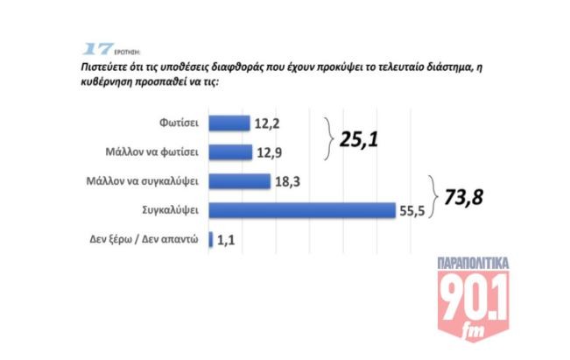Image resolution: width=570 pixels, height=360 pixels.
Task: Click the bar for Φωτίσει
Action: [x=229, y=123]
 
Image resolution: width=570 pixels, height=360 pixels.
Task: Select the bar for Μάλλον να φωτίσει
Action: [x=229, y=151]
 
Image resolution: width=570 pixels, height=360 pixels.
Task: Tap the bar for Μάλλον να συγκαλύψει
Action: [x=239, y=180]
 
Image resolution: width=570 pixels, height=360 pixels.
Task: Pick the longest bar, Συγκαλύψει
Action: [x=302, y=209]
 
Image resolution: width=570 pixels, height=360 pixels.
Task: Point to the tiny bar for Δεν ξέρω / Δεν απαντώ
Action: [x=211, y=238]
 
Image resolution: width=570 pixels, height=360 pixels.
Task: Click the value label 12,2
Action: [x=267, y=123]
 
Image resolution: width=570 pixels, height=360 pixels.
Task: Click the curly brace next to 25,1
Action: [x=327, y=137]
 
